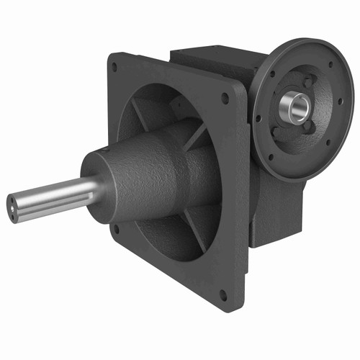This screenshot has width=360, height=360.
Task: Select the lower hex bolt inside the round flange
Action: (x=307, y=130)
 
